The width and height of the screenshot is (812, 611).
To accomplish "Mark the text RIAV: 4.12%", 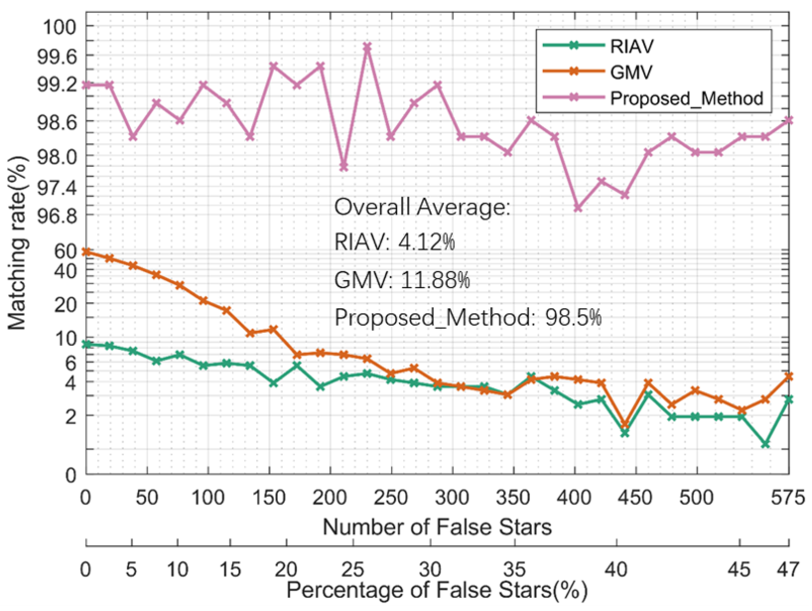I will pyautogui.click(x=395, y=242).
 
